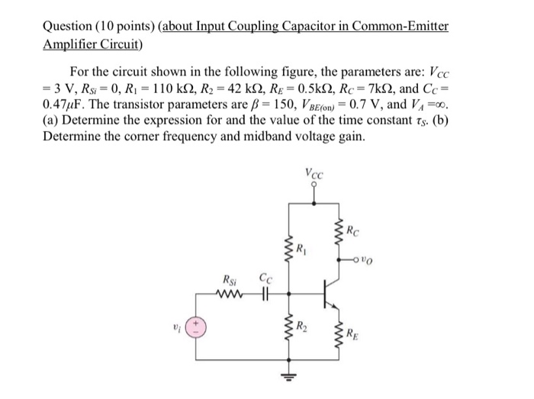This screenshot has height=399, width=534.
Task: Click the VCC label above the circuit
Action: tap(314, 174)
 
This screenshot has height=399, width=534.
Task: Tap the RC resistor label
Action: tap(352, 227)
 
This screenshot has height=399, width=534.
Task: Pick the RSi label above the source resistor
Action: tap(230, 281)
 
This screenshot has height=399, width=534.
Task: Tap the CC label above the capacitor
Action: tap(264, 281)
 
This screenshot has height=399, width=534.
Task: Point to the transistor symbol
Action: tap(328, 294)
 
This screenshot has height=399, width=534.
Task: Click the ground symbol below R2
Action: tap(289, 375)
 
